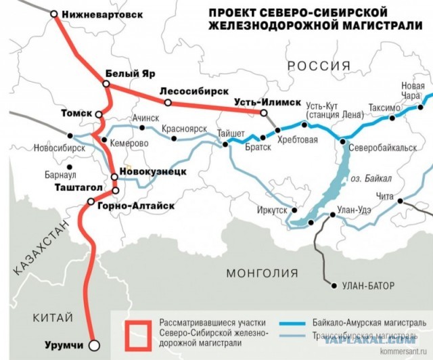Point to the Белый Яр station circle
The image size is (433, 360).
click(106, 84)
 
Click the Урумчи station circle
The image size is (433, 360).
click(94, 343)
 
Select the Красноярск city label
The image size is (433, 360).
click(185, 128)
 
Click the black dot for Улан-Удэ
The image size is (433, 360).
click(332, 216)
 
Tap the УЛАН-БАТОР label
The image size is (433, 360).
click(369, 286)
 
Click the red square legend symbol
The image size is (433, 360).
click(139, 331)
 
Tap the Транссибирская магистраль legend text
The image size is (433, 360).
click(369, 335)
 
